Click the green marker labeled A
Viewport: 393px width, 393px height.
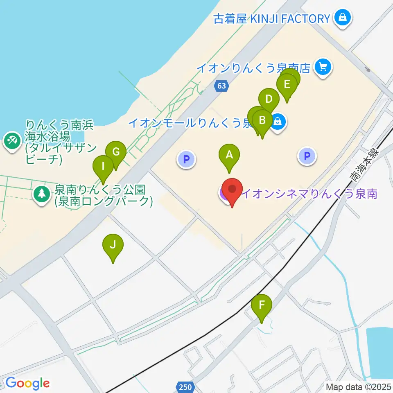pyautogui.click(x=229, y=155)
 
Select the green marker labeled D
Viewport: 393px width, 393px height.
pyautogui.click(x=269, y=99)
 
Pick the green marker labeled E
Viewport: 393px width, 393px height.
pyautogui.click(x=287, y=85)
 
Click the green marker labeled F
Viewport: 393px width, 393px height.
pyautogui.click(x=262, y=305)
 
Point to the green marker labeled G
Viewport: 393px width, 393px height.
pyautogui.click(x=116, y=152)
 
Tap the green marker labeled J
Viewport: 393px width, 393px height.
pyautogui.click(x=113, y=245)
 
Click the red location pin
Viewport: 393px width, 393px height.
pyautogui.click(x=232, y=190)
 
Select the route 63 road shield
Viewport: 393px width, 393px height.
pyautogui.click(x=221, y=86)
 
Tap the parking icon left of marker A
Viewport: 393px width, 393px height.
pyautogui.click(x=186, y=159)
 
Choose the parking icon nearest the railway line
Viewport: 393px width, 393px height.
pyautogui.click(x=307, y=156)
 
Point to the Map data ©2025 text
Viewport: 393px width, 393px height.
pyautogui.click(x=359, y=386)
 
